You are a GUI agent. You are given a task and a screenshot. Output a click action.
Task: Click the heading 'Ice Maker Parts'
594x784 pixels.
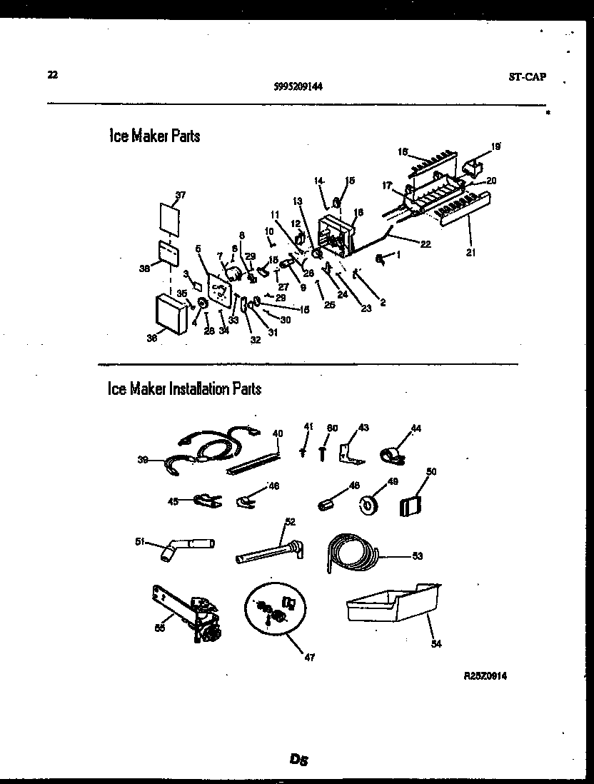(154, 136)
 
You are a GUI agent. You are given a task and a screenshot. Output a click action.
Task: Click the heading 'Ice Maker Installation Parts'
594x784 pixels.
(184, 389)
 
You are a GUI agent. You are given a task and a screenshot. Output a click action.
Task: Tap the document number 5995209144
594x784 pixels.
(298, 87)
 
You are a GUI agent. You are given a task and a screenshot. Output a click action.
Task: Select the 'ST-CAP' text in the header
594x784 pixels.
(528, 77)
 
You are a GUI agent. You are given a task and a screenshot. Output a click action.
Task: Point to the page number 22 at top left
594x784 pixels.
(52, 74)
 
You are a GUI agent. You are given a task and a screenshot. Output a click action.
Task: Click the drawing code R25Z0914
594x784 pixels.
(489, 675)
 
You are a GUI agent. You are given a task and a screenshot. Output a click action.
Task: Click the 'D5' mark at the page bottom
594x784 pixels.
(298, 760)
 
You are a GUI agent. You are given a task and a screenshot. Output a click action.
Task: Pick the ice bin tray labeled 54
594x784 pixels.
(393, 604)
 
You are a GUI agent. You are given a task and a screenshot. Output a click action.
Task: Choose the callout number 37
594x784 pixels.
(180, 195)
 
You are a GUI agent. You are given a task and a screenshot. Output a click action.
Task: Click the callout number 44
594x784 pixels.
(416, 428)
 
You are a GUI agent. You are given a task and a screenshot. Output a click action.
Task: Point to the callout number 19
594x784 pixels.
(495, 146)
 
